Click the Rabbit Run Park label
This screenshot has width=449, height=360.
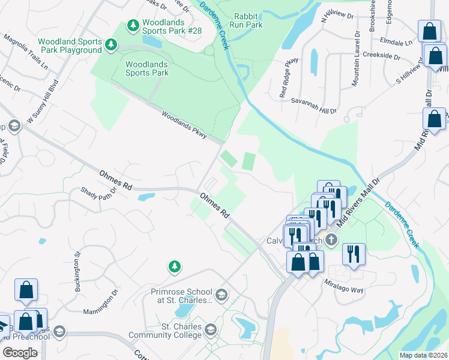pos(248,21)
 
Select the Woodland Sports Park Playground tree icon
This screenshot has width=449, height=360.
pos(110,44)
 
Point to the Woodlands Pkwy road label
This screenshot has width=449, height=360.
pos(184,125)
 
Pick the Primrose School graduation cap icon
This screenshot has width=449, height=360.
pos(221,294)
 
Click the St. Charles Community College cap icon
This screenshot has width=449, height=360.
pos(210,330)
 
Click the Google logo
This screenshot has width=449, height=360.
pos(20,352)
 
